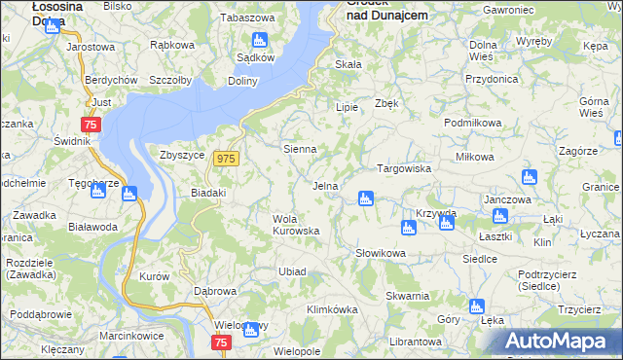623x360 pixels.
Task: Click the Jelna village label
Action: pyautogui.click(x=325, y=185)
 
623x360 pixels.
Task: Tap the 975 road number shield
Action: pyautogui.click(x=227, y=159)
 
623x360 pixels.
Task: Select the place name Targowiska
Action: pyautogui.click(x=404, y=168)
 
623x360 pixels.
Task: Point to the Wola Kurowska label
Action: pyautogui.click(x=296, y=225)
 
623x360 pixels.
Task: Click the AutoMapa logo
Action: pyautogui.click(x=564, y=341)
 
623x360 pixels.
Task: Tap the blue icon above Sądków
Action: pyautogui.click(x=259, y=40)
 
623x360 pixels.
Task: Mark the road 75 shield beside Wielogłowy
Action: pyautogui.click(x=221, y=342)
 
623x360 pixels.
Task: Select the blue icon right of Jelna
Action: pyautogui.click(x=366, y=198)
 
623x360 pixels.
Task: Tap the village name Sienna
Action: pyautogui.click(x=299, y=149)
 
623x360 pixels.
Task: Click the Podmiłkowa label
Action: pyautogui.click(x=472, y=123)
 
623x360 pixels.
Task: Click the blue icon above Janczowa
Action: pyautogui.click(x=529, y=177)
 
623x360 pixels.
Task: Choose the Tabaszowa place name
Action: pyautogui.click(x=248, y=18)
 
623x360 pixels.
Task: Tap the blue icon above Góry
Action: pyautogui.click(x=476, y=306)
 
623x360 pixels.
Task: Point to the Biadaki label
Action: pyautogui.click(x=208, y=193)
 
